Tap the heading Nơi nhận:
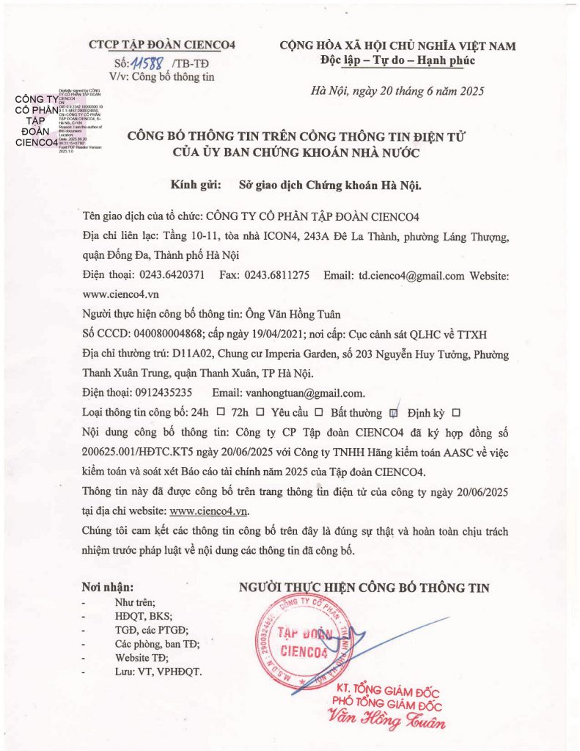coord(108,587)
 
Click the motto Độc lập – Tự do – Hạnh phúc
coord(398,61)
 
